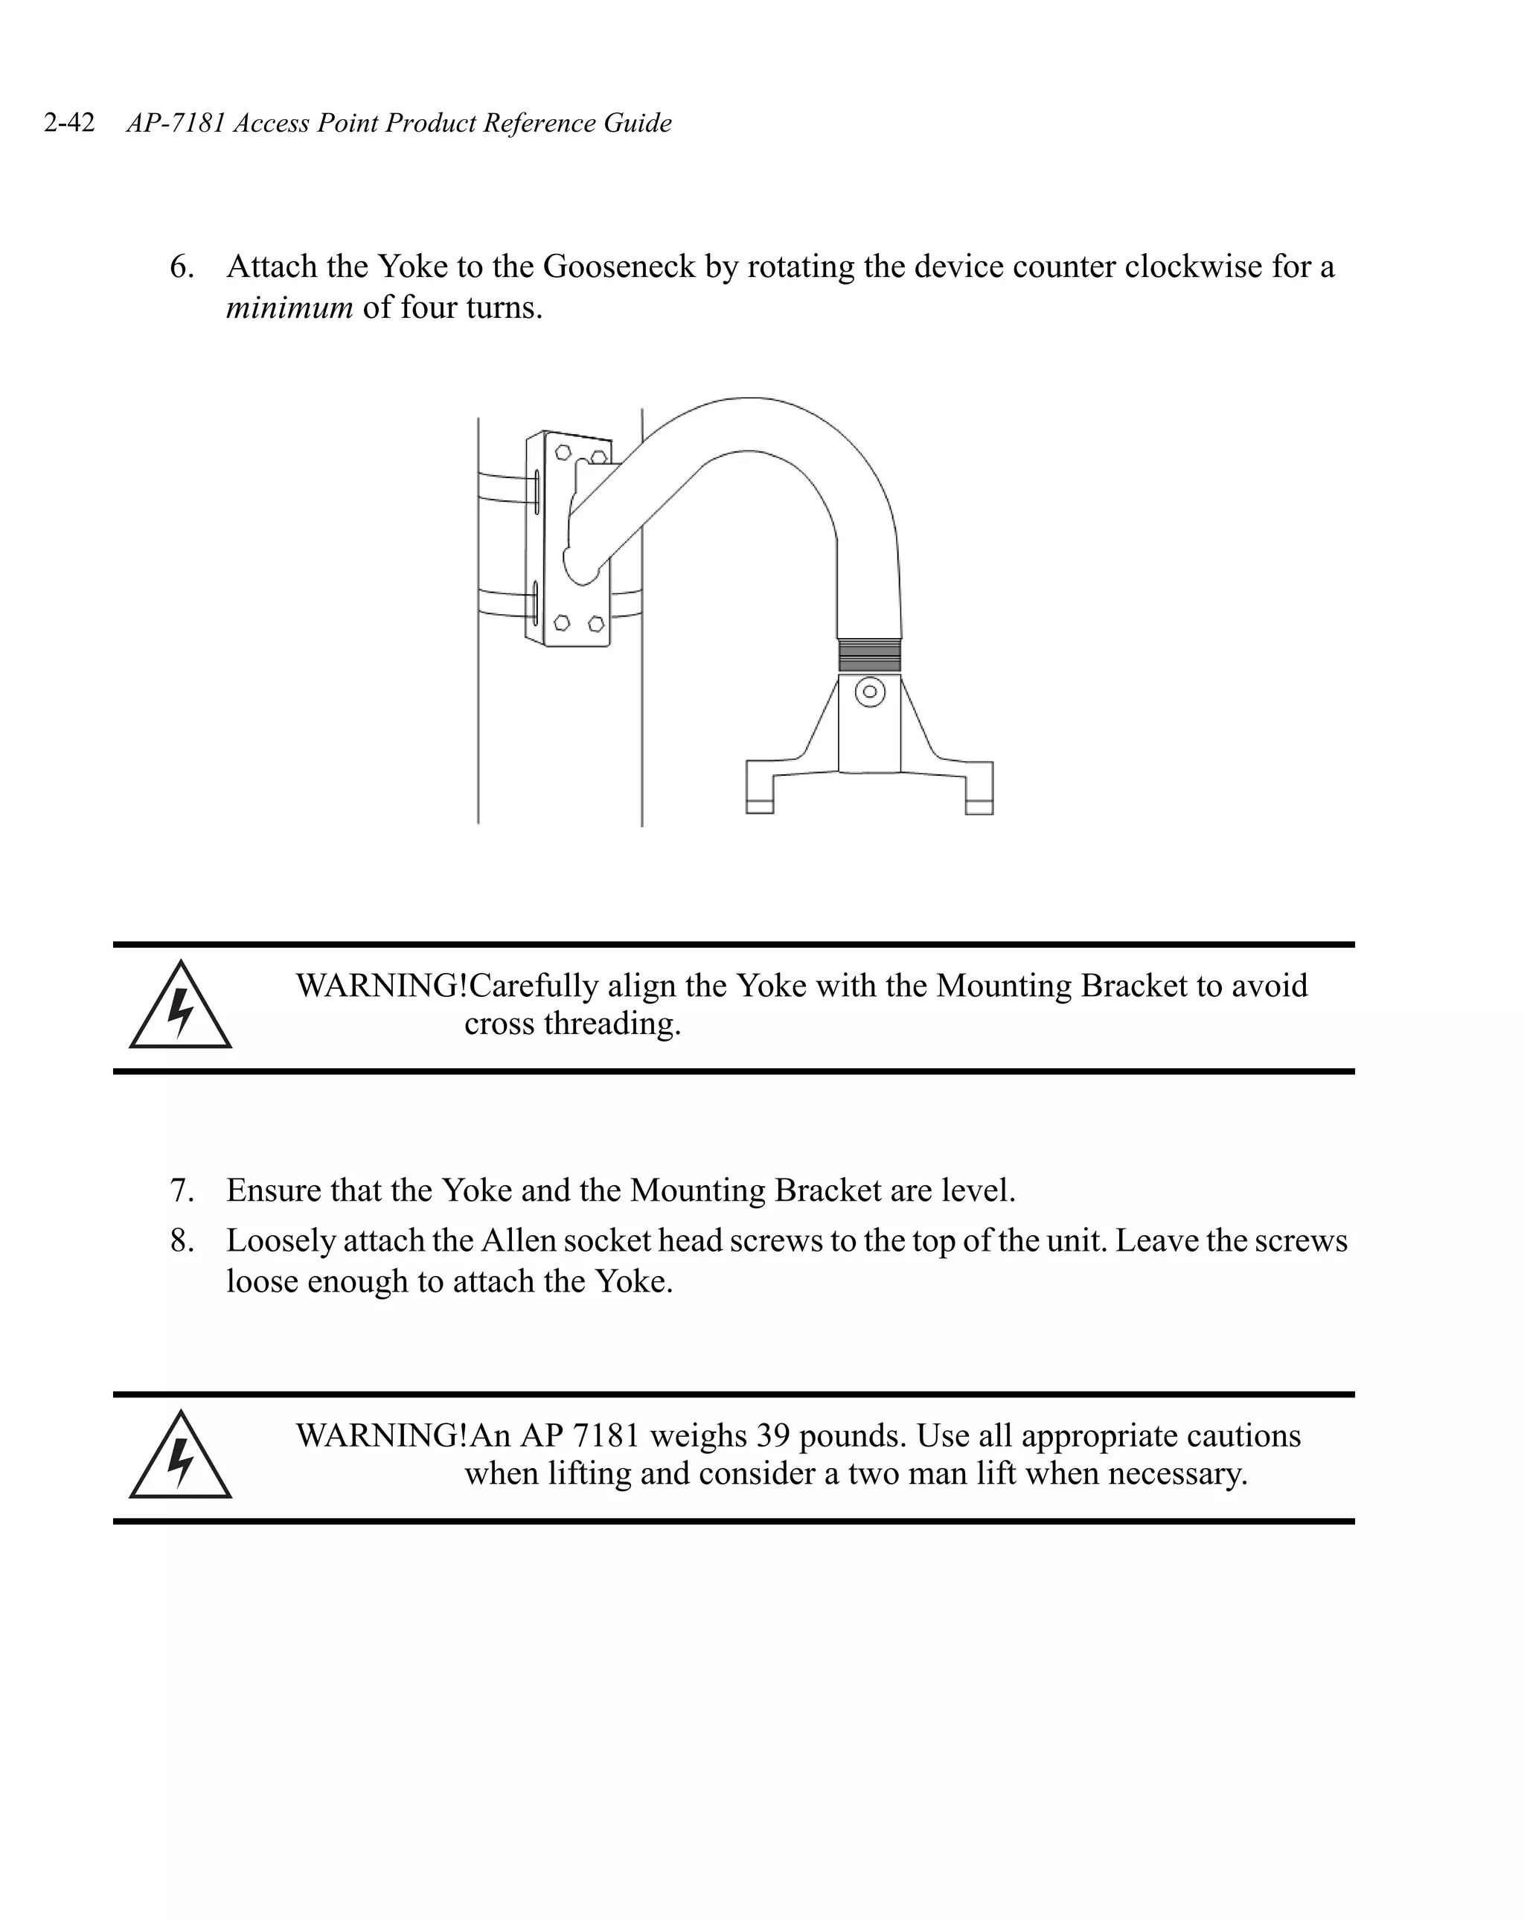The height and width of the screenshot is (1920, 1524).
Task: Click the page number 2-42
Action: click(x=69, y=122)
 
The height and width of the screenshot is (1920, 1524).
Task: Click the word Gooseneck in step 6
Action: click(x=618, y=267)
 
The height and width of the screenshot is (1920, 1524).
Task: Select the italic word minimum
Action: click(x=289, y=307)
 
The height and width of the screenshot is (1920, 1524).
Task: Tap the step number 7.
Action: click(x=182, y=1190)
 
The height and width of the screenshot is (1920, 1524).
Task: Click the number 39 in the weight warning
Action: click(x=772, y=1435)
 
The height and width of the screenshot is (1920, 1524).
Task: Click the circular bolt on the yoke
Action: click(x=870, y=692)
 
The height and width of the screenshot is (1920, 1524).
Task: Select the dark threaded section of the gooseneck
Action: click(x=869, y=657)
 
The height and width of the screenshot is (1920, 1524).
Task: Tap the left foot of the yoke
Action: click(x=759, y=789)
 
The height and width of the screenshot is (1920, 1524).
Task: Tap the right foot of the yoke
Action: click(x=979, y=789)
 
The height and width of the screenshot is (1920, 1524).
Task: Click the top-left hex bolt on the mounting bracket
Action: click(x=563, y=453)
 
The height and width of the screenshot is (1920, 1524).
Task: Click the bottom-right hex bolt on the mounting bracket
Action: click(x=595, y=623)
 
